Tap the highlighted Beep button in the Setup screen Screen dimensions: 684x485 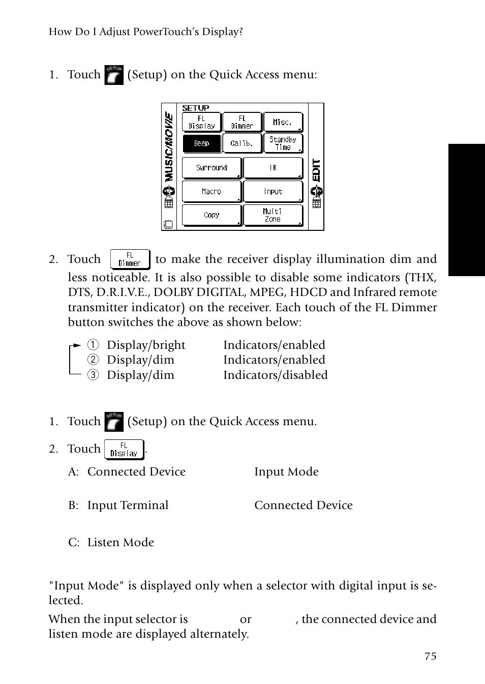[202, 143]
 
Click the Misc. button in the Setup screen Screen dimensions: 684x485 [283, 122]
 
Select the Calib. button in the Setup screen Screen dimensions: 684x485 [242, 143]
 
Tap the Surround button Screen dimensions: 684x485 [211, 168]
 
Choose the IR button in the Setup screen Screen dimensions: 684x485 [273, 168]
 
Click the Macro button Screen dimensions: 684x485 [211, 192]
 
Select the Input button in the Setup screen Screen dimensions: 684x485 [273, 192]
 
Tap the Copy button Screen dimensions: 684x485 [211, 215]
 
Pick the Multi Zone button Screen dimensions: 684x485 [273, 215]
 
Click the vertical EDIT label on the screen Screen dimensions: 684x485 [317, 170]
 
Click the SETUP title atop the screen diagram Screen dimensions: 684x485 [196, 108]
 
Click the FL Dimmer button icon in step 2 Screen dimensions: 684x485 [130, 259]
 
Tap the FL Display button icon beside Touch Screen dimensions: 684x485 [124, 450]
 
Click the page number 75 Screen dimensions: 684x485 [430, 656]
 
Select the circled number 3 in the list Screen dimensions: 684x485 [92, 375]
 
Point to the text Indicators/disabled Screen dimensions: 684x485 [275, 375]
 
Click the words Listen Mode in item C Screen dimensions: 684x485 [120, 543]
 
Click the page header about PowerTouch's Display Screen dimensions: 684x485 [145, 32]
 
